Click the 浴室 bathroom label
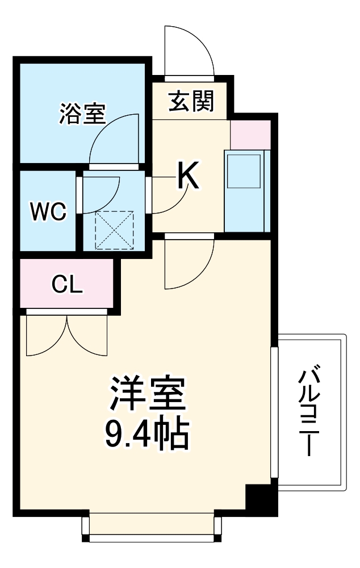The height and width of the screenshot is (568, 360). coord(82,114)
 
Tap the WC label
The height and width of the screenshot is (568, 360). coord(48,211)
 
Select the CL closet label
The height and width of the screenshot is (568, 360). coord(67,285)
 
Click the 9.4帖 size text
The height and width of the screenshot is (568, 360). coord(147,434)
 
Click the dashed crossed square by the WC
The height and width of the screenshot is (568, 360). coord(114,230)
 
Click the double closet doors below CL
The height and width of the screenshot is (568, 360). coord(66,335)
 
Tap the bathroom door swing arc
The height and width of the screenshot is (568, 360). coord(114,139)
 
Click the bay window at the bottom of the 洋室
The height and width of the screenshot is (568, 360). coord(151,525)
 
